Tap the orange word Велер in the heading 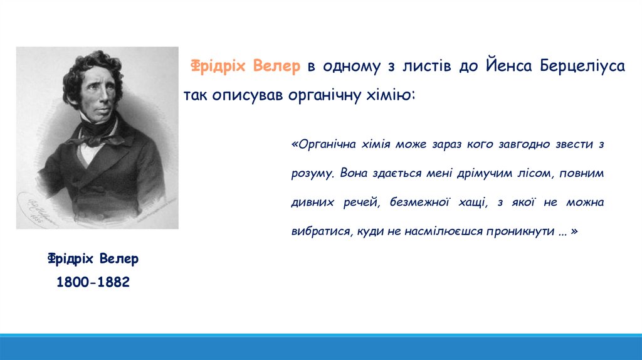[276, 65]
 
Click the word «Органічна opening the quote [324, 144]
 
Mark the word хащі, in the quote [473, 203]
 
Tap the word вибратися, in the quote [322, 231]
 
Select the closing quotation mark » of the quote [574, 231]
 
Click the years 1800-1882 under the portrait [93, 282]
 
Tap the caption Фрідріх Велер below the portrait [93, 259]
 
